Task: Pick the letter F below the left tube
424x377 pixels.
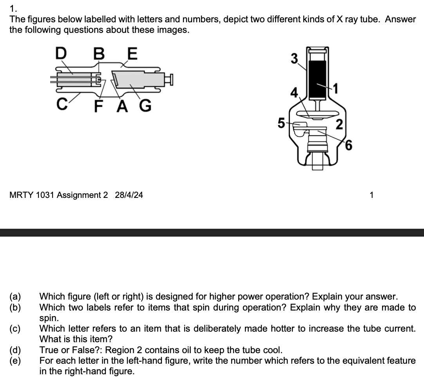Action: click(x=99, y=106)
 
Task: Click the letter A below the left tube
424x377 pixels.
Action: click(x=122, y=106)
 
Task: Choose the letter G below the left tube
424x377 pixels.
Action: click(x=145, y=106)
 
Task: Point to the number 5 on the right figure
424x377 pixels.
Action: click(x=281, y=123)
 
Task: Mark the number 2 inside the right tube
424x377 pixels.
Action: click(x=339, y=125)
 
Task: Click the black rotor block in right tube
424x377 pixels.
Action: click(x=318, y=78)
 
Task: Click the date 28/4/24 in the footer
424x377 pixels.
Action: click(x=129, y=195)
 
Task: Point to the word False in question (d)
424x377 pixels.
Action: click(x=70, y=350)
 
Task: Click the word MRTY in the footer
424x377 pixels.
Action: click(x=21, y=195)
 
